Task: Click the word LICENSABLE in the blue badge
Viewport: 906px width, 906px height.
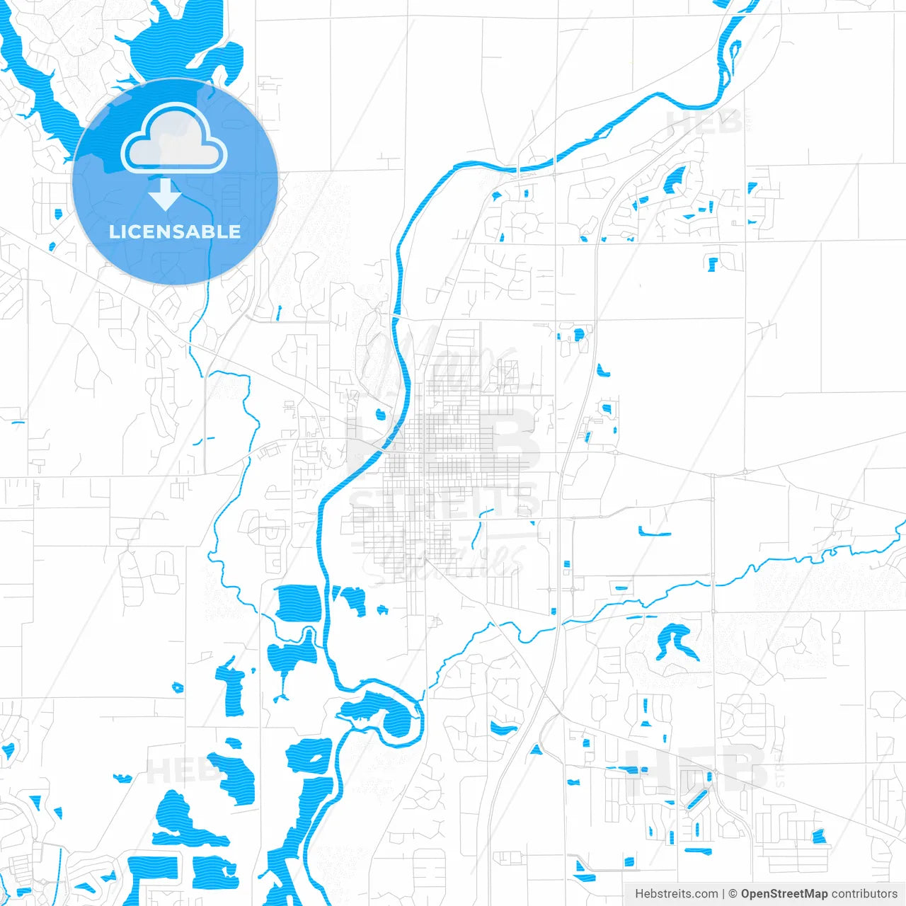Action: pyautogui.click(x=175, y=231)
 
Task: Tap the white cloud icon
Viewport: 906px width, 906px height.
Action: pyautogui.click(x=174, y=139)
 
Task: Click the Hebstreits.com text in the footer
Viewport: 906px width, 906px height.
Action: pyautogui.click(x=677, y=894)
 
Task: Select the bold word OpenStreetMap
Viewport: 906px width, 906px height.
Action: pyautogui.click(x=784, y=894)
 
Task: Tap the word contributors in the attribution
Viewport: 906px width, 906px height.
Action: pyautogui.click(x=864, y=894)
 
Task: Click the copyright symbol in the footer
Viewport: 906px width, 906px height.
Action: pyautogui.click(x=733, y=894)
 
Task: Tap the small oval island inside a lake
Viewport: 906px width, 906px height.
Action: pyautogui.click(x=316, y=758)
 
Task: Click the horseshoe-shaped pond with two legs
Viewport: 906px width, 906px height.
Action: pyautogui.click(x=672, y=641)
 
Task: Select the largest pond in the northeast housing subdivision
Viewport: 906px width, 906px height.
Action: pyautogui.click(x=675, y=180)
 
